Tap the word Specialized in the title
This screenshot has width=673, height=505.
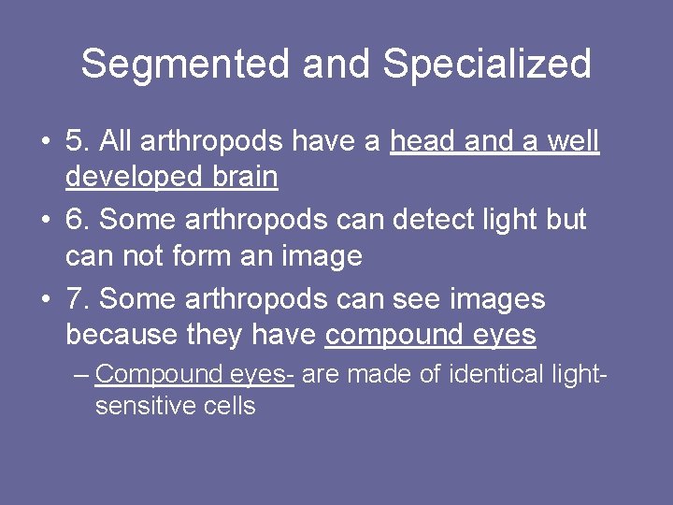(x=487, y=65)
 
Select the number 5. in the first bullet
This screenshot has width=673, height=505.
(x=78, y=141)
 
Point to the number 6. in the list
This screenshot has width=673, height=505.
(x=78, y=220)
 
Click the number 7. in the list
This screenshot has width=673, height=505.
(x=78, y=299)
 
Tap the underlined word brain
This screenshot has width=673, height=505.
(x=242, y=177)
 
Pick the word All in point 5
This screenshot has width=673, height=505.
(x=117, y=141)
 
